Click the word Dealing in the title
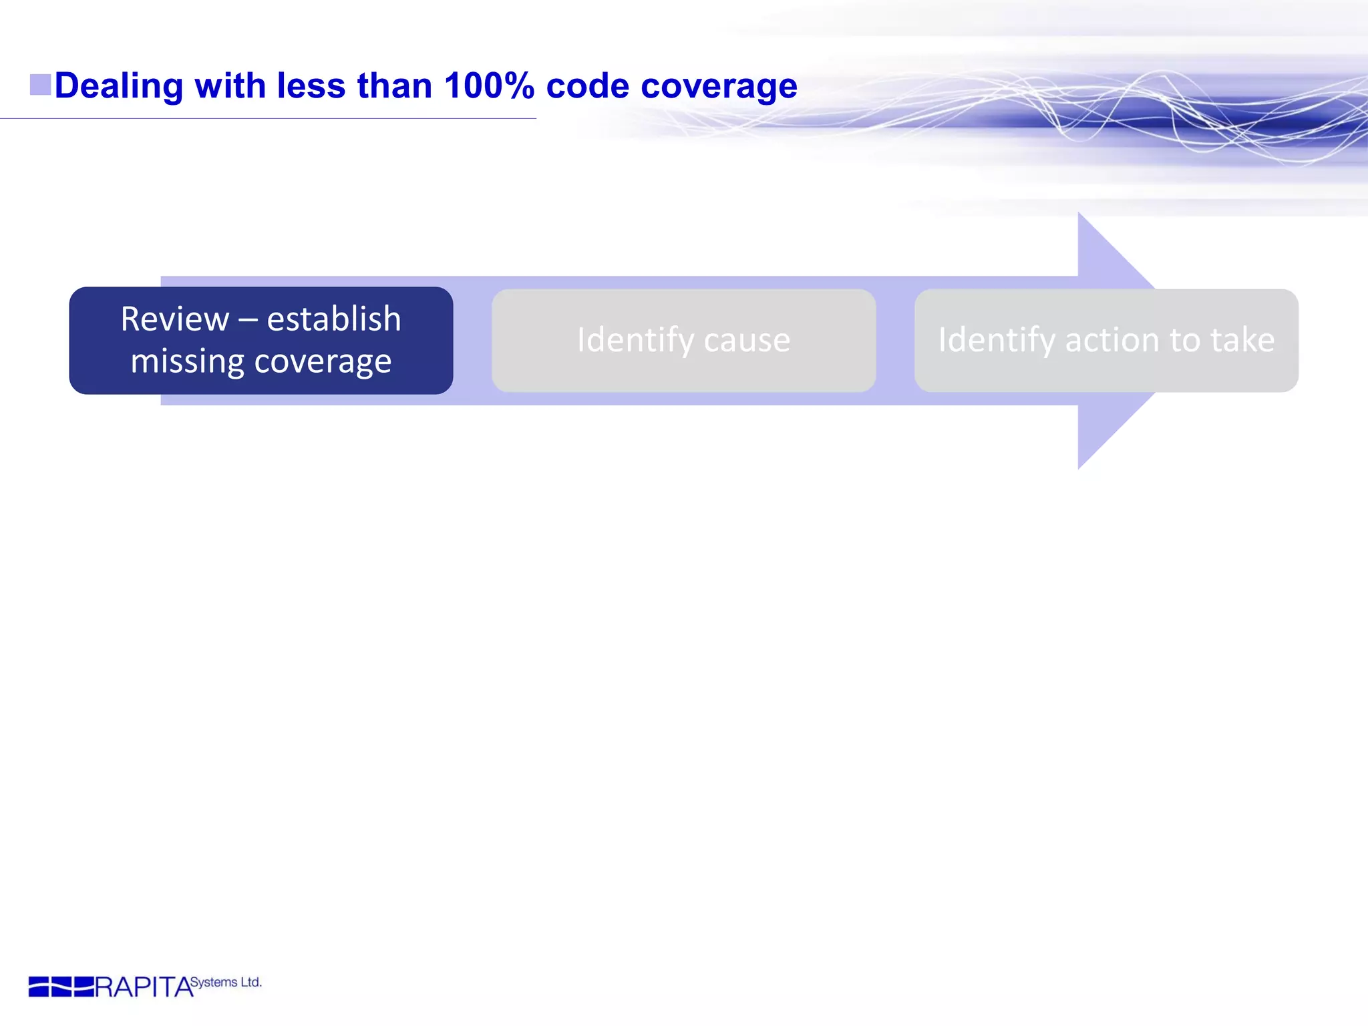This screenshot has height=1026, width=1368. click(118, 87)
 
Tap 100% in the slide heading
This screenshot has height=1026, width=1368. click(489, 85)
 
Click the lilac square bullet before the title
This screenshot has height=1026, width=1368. click(40, 85)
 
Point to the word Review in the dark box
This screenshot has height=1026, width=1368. click(174, 319)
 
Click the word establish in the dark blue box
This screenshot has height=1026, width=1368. click(334, 319)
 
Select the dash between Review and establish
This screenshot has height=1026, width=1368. click(248, 320)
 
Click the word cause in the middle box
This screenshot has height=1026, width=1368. click(747, 341)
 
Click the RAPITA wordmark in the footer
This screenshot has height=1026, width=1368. click(144, 987)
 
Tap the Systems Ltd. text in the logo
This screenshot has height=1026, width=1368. click(226, 982)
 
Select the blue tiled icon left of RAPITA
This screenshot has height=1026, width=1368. click(61, 987)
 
